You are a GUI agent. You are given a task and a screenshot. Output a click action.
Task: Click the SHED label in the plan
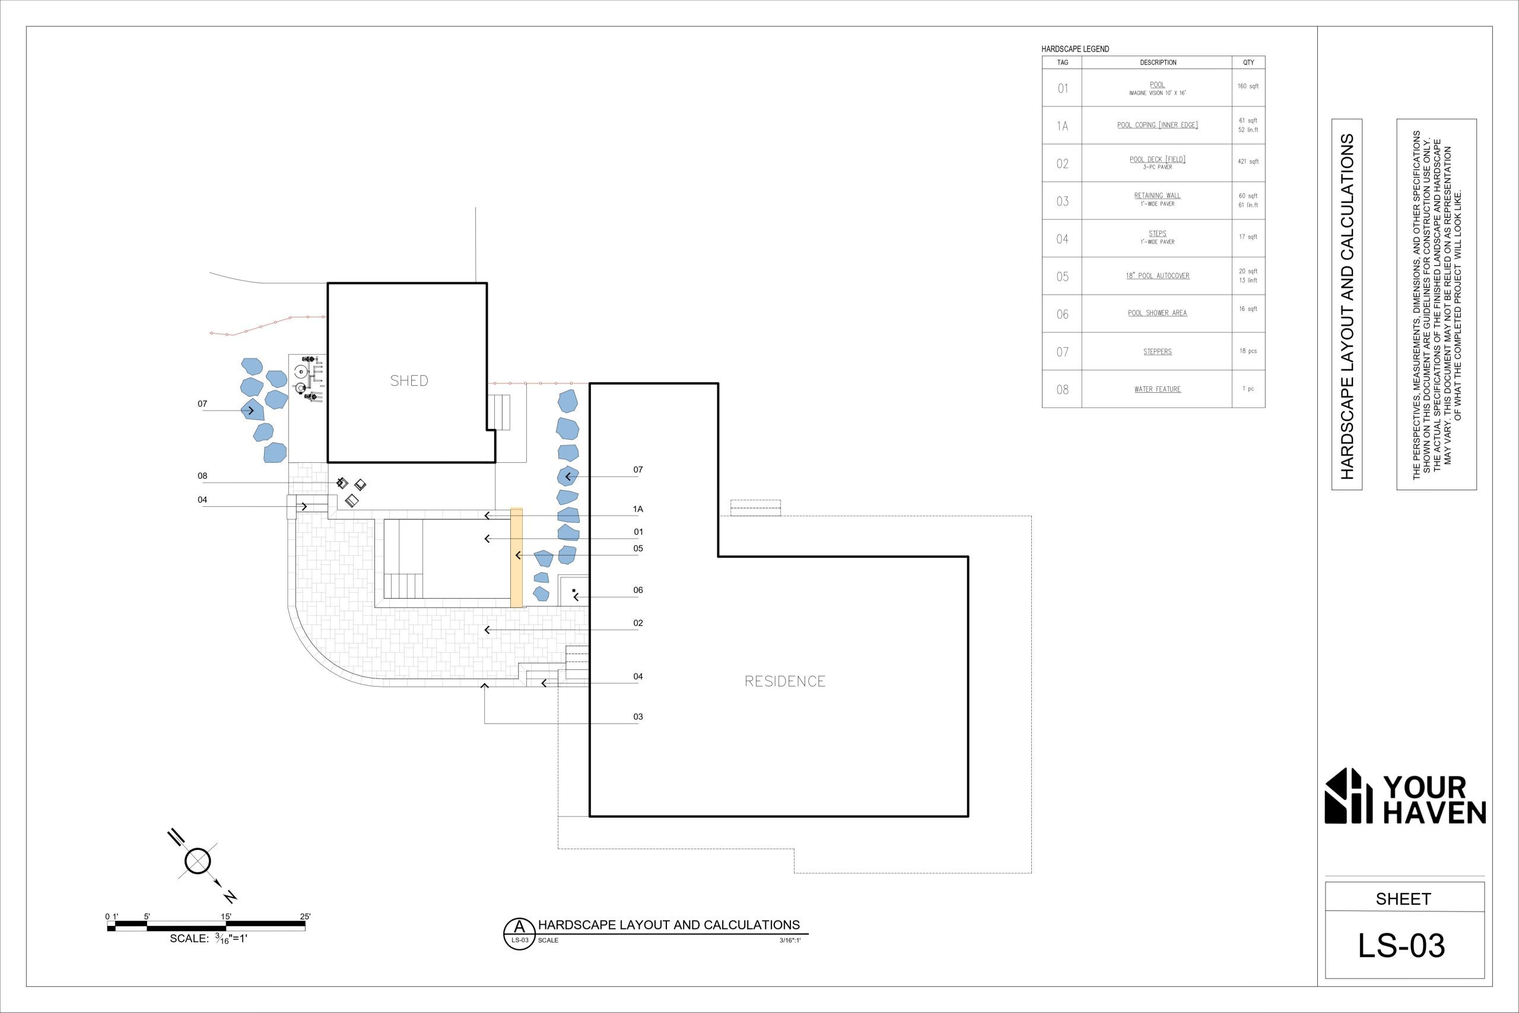tap(409, 380)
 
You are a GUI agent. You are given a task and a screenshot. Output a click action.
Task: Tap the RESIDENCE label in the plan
tap(784, 681)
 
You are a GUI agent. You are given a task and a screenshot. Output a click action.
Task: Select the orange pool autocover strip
tap(517, 558)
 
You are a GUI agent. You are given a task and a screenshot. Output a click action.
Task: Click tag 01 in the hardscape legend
tap(1062, 88)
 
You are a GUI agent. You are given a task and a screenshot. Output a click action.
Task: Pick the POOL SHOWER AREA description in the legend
tap(1157, 313)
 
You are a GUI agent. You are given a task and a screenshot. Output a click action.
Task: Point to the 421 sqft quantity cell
tap(1248, 161)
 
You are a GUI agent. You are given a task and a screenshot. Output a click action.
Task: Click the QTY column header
tap(1248, 63)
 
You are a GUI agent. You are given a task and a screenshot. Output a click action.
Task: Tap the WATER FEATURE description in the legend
tap(1157, 389)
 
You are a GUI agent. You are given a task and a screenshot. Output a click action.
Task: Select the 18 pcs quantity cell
tap(1248, 351)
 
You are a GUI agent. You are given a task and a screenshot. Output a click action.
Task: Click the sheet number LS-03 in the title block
tap(1401, 946)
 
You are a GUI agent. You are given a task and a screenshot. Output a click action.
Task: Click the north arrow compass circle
tap(198, 861)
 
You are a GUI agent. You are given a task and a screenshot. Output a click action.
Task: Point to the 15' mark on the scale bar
tap(226, 917)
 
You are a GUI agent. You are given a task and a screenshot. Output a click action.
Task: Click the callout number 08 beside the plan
tap(202, 476)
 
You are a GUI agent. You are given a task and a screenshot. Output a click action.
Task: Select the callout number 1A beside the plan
tap(638, 509)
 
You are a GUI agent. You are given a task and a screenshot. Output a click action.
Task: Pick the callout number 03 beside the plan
tap(638, 716)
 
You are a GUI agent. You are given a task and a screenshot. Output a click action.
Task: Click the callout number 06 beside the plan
tap(638, 590)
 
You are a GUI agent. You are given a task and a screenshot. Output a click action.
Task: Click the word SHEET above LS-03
tap(1403, 899)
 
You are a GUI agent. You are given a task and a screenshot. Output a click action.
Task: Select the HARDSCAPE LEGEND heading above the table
tap(1075, 49)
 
